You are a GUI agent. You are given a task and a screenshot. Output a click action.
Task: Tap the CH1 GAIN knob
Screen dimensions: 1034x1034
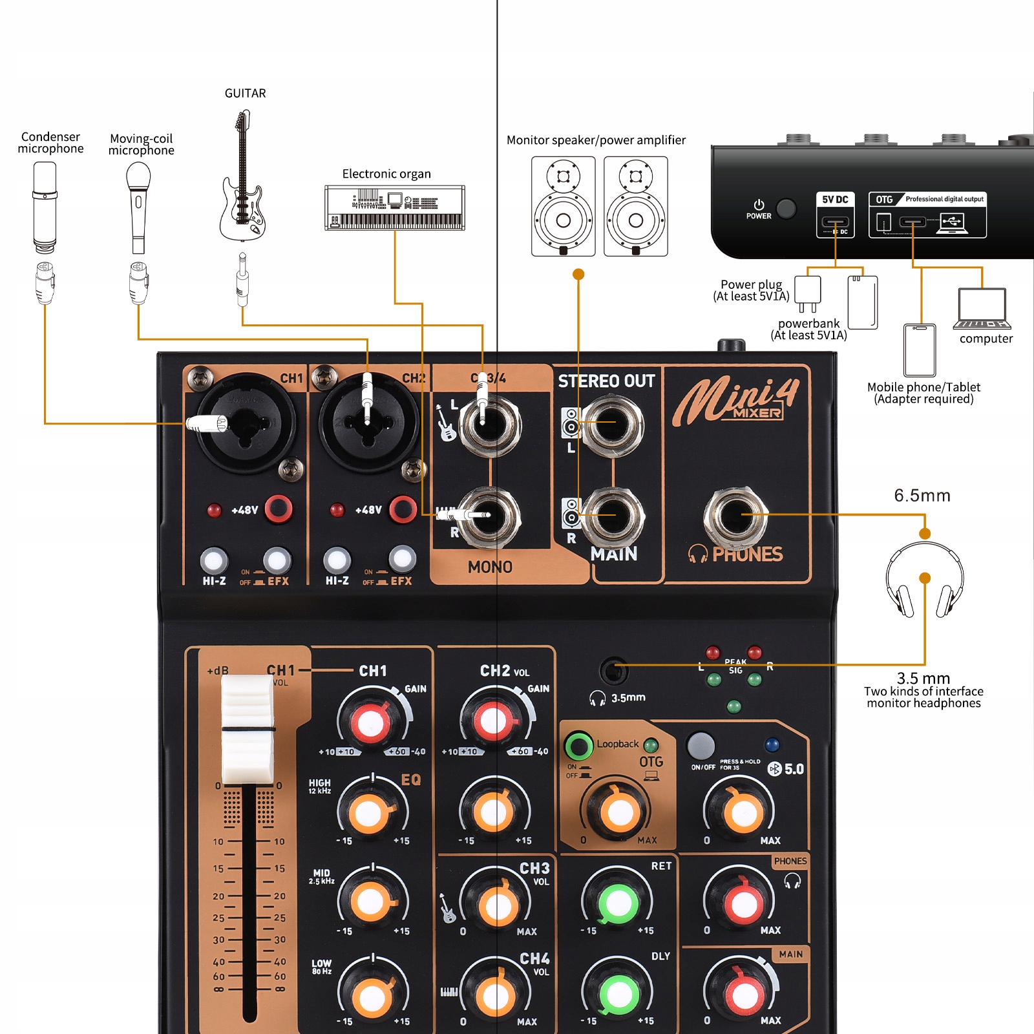[x=370, y=722]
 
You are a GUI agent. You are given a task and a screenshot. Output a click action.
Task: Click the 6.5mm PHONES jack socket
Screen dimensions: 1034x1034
[x=735, y=516]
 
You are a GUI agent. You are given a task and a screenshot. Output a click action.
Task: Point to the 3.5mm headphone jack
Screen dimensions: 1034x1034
[x=613, y=671]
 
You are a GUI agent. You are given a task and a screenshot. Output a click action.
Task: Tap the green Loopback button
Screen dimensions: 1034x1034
[x=578, y=746]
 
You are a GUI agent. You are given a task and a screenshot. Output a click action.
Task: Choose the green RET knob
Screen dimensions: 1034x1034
[x=618, y=903]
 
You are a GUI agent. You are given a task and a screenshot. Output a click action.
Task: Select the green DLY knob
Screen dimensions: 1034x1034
[x=618, y=994]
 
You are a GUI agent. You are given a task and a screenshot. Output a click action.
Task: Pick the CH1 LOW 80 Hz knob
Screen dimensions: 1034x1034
[x=372, y=996]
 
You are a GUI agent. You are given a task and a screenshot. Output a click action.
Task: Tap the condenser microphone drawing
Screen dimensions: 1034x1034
[x=45, y=207]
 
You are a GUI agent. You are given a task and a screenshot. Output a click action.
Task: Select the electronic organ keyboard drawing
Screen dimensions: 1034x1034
[x=394, y=207]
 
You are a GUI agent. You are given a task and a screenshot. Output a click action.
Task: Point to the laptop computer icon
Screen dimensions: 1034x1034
[x=982, y=309]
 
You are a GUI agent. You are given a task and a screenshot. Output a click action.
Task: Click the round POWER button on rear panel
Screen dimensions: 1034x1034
[x=786, y=208]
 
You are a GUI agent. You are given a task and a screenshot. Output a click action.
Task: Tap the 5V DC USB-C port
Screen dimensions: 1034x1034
[x=835, y=223]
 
